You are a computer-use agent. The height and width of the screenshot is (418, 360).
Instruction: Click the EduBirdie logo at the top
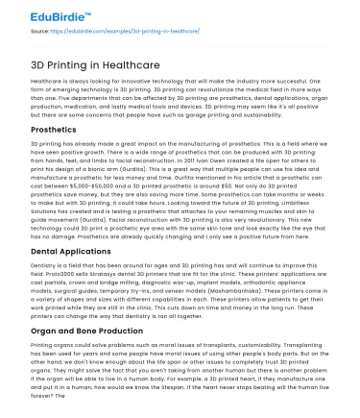click(44, 13)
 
